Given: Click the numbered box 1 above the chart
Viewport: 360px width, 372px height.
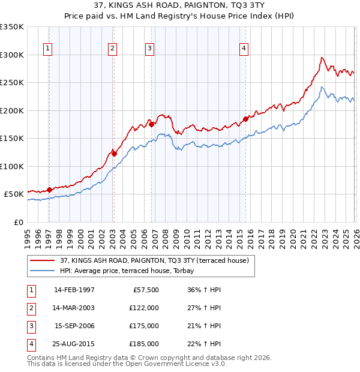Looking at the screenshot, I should point(48,49).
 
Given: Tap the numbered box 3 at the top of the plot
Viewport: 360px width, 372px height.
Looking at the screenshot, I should point(150,49).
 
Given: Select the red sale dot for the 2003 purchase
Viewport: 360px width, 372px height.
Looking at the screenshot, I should point(114,154).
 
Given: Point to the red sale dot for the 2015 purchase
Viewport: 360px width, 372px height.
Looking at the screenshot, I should point(245,119).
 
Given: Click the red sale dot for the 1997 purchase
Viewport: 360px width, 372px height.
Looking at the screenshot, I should point(49,190).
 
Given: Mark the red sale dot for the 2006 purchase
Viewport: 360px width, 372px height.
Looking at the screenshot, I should point(151,124).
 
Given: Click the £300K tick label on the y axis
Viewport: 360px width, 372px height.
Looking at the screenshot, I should point(11,55).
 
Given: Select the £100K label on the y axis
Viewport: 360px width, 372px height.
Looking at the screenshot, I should point(11,166).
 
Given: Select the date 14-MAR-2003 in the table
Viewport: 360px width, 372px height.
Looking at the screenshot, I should point(74,308).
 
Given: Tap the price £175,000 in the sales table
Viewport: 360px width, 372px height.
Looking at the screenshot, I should point(144,326).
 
